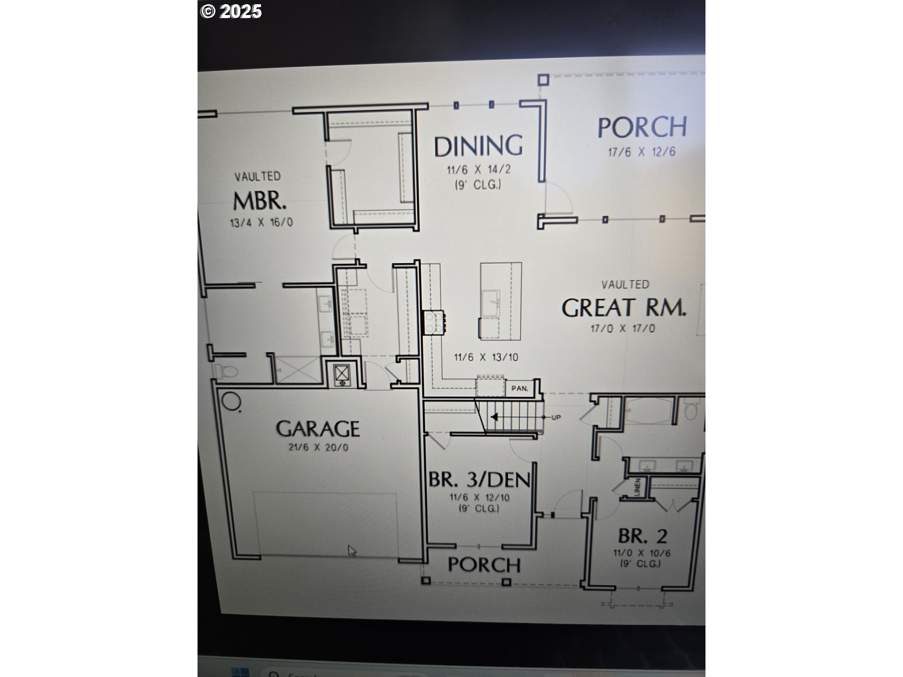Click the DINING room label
click(x=478, y=146)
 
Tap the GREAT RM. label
click(x=624, y=308)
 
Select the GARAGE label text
click(x=318, y=429)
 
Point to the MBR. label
click(x=260, y=201)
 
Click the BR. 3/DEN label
click(x=479, y=480)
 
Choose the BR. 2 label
click(x=642, y=536)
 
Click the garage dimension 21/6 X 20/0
click(x=318, y=447)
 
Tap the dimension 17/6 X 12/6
click(x=642, y=152)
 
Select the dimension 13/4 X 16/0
click(x=261, y=222)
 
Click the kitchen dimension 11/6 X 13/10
click(x=486, y=357)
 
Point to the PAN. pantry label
click(x=519, y=388)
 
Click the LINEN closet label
click(x=637, y=487)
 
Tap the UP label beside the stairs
click(x=556, y=417)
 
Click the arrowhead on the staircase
click(x=494, y=417)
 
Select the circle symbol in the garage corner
click(x=230, y=401)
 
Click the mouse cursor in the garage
click(x=352, y=551)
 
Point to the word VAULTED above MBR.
click(x=257, y=177)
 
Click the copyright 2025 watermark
click(x=231, y=11)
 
